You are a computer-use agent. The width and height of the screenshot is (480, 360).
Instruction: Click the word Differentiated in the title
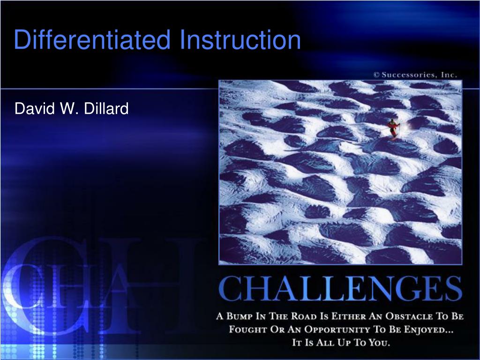tap(92, 39)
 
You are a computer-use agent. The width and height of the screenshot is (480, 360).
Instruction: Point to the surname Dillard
tap(106, 109)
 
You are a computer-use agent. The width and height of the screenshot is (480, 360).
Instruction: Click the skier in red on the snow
tap(393, 128)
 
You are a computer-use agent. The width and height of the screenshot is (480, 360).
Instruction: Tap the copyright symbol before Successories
tap(376, 75)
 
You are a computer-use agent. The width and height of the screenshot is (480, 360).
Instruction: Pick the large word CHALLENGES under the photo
tap(340, 288)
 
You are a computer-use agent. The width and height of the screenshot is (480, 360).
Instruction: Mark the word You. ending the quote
tap(379, 342)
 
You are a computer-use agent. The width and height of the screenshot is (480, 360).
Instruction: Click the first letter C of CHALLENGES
tap(230, 288)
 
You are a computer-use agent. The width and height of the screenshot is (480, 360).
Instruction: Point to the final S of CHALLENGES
tap(453, 288)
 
